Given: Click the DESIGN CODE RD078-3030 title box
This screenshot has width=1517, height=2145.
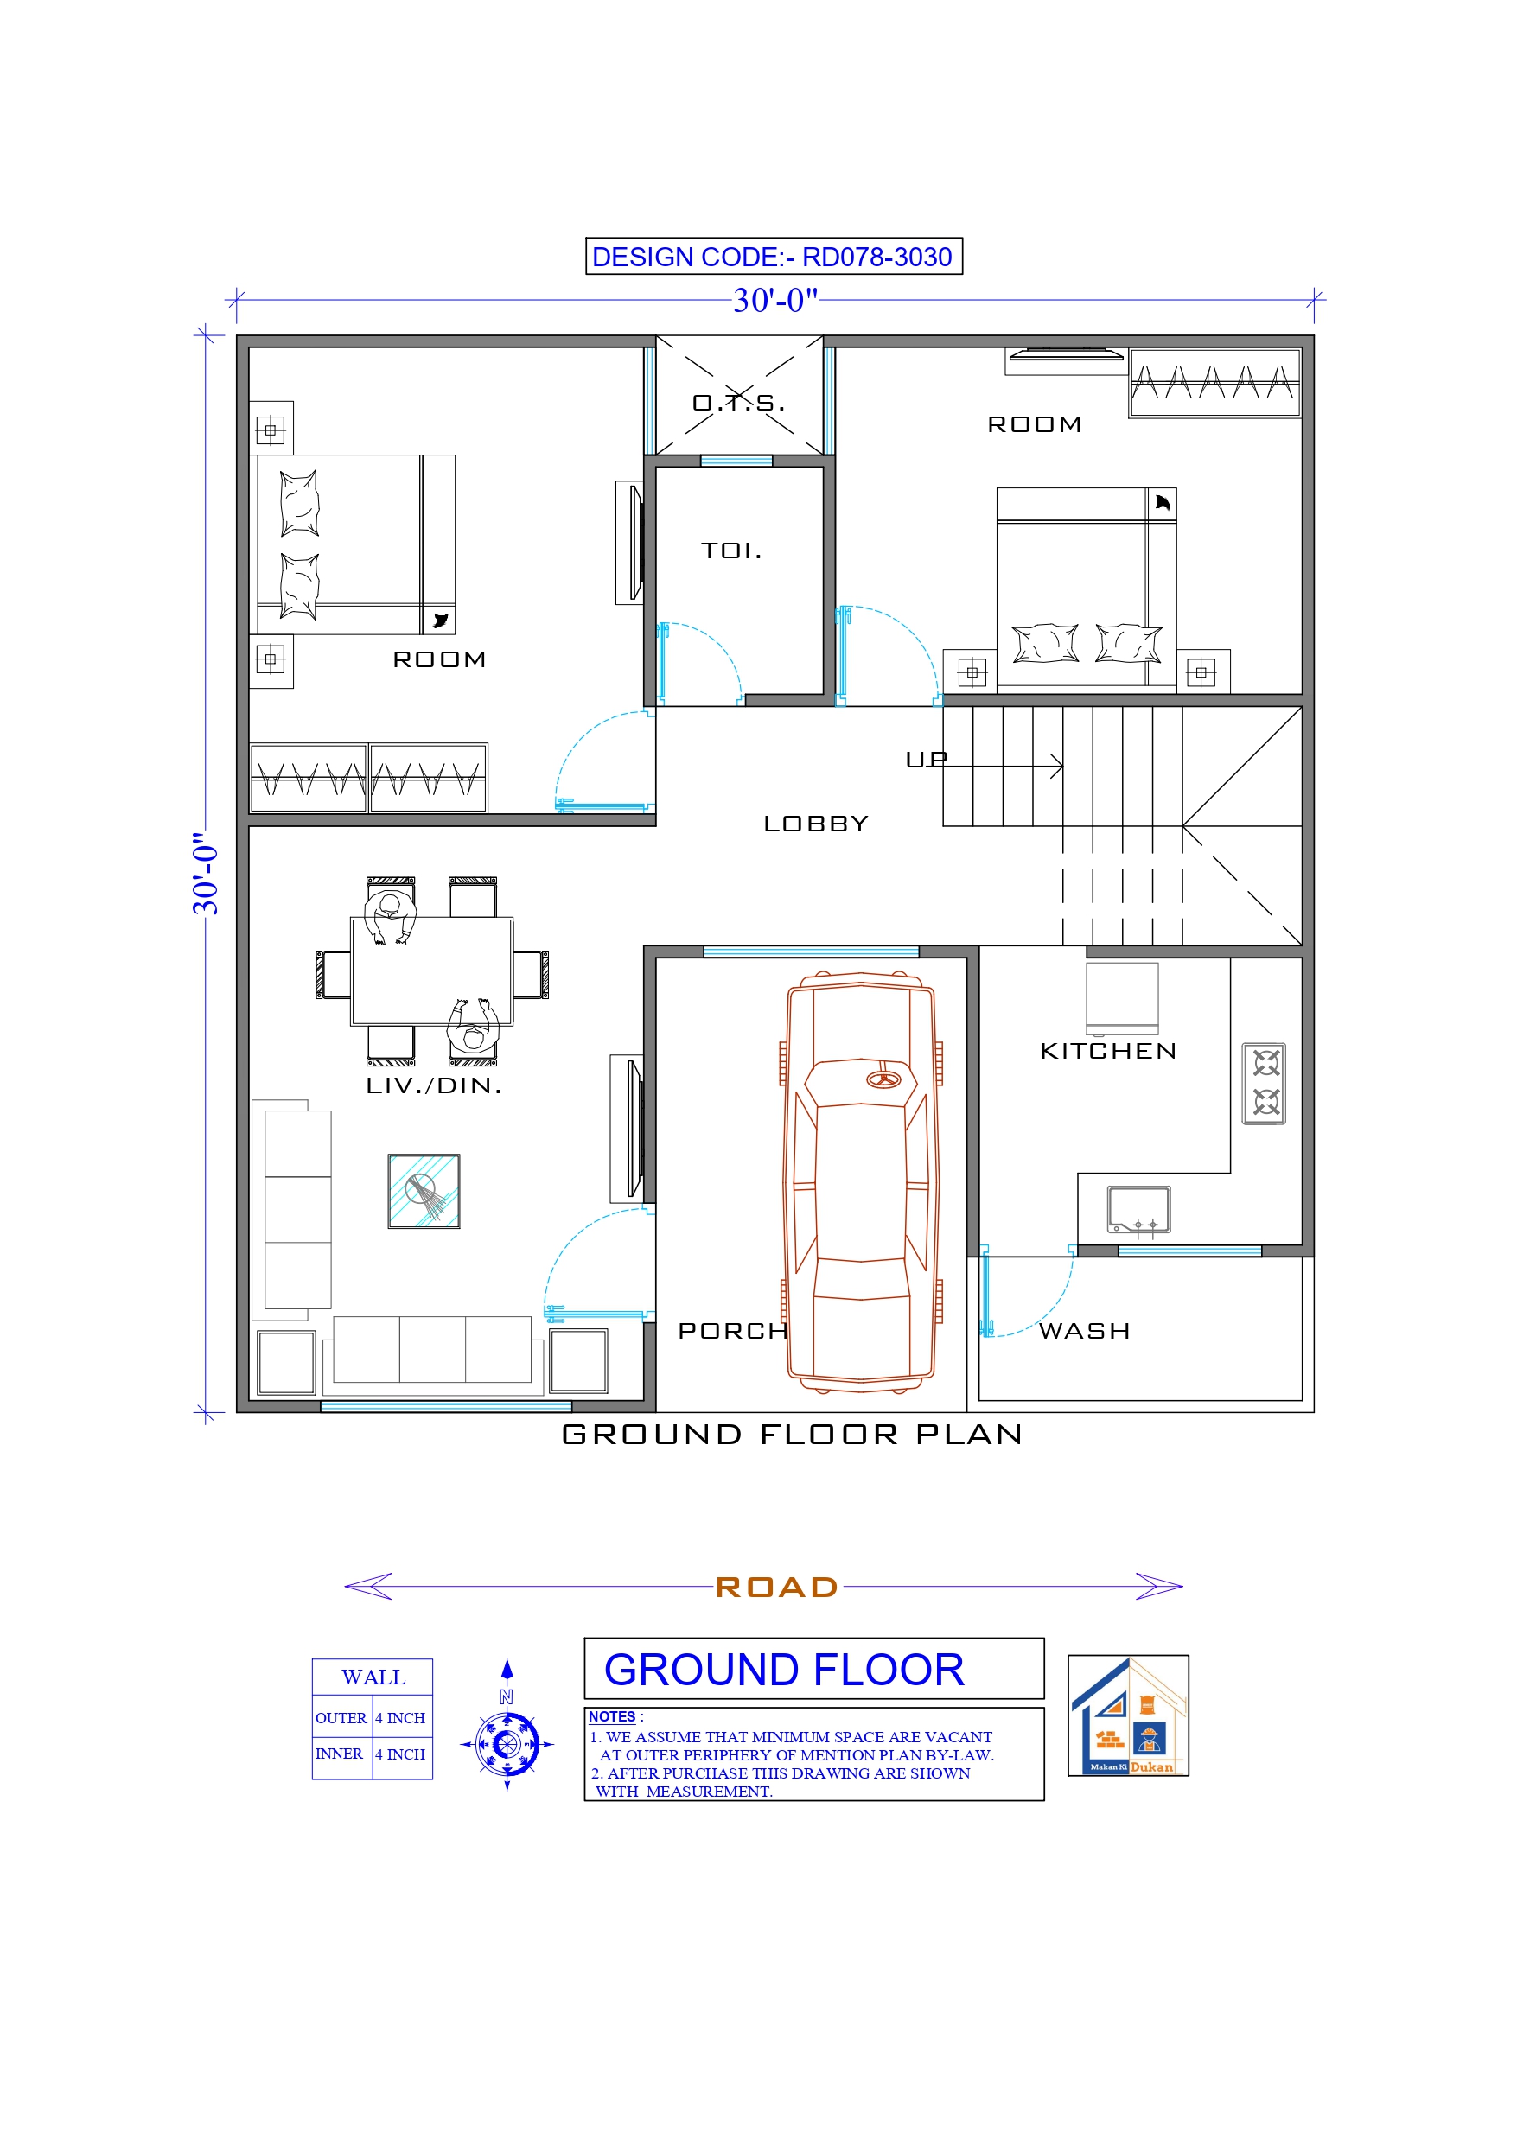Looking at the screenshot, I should pyautogui.click(x=773, y=256).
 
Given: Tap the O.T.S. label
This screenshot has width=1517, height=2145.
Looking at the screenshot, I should pyautogui.click(x=738, y=403).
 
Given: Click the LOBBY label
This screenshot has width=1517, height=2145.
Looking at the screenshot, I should pyautogui.click(x=816, y=823).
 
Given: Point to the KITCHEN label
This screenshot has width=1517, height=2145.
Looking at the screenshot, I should pyautogui.click(x=1107, y=1051).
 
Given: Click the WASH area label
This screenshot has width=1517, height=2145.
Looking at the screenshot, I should pyautogui.click(x=1084, y=1330).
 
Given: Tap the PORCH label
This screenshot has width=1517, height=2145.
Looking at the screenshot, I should pyautogui.click(x=733, y=1330).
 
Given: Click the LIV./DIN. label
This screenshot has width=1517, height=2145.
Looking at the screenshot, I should pyautogui.click(x=434, y=1085).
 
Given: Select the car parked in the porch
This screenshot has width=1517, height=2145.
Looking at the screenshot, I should pyautogui.click(x=861, y=1181).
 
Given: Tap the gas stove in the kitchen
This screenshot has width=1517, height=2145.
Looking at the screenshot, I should pyautogui.click(x=1264, y=1084).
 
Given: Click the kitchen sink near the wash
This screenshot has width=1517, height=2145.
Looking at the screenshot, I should pyautogui.click(x=1138, y=1210).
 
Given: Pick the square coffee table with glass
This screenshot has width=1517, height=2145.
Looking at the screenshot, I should pyautogui.click(x=424, y=1191).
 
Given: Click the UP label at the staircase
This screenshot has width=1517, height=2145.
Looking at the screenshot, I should pyautogui.click(x=927, y=760).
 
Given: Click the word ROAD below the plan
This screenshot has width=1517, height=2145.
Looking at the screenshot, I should pyautogui.click(x=776, y=1588).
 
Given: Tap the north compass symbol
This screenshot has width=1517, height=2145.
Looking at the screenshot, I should pyautogui.click(x=507, y=1742).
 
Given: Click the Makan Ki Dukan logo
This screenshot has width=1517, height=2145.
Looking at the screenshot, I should pyautogui.click(x=1128, y=1715).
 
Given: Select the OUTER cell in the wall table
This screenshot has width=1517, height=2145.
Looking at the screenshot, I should pyautogui.click(x=341, y=1718).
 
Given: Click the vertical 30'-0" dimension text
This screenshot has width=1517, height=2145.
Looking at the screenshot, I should pyautogui.click(x=206, y=874).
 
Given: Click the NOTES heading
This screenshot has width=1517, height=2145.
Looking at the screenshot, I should pyautogui.click(x=612, y=1716).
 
